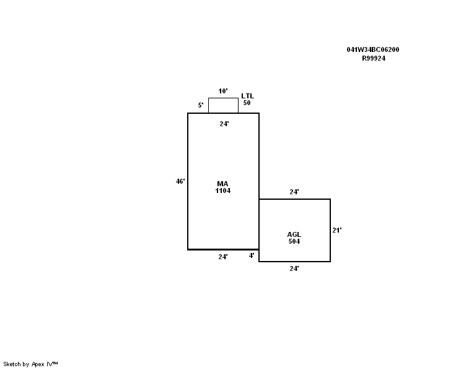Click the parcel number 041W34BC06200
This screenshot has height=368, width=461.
coord(373,49)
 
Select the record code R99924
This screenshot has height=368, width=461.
coord(374,58)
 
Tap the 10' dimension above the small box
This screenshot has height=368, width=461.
coord(223,91)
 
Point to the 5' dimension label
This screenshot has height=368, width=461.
coord(201,105)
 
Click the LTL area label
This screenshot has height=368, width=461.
coord(248,96)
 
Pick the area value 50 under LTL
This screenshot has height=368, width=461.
coord(247,103)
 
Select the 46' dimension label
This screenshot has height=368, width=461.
coord(180,181)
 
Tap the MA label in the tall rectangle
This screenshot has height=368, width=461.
coord(222,184)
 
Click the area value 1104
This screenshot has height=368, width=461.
coord(223,190)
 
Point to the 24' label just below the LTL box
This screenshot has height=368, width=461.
coord(224,124)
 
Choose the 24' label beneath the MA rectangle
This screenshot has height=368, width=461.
coord(223,257)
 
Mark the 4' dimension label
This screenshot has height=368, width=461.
coord(252,255)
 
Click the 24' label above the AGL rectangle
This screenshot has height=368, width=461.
coord(294,192)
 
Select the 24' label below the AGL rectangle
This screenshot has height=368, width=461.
coord(294,268)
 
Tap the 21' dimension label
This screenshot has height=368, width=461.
coord(337,230)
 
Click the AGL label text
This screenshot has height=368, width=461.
coord(294,234)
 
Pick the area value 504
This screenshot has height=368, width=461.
coord(294,241)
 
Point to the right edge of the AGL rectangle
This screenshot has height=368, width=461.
coord(330,230)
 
